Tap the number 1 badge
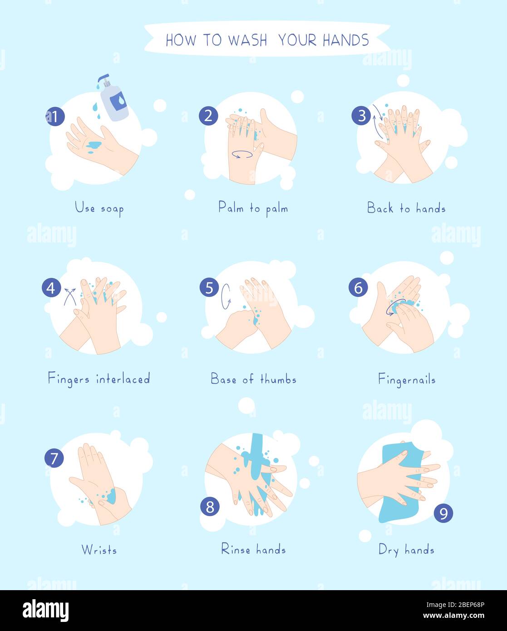coord(55,117)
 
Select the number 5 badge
coord(209,288)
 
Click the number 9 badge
coord(443,513)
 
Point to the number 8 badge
coord(210,507)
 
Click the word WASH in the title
coord(247,40)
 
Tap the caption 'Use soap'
coord(99,208)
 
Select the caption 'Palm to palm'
coord(253,208)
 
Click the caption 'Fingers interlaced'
coord(99,379)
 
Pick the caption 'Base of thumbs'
coord(253,379)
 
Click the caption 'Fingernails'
coord(407,380)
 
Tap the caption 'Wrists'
coord(99,550)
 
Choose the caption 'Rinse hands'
coord(253,549)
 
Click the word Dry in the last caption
coord(389,550)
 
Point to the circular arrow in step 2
coord(242,154)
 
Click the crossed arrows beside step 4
coord(69,296)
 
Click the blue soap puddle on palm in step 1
coord(94,146)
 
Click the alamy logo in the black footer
coord(46,611)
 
